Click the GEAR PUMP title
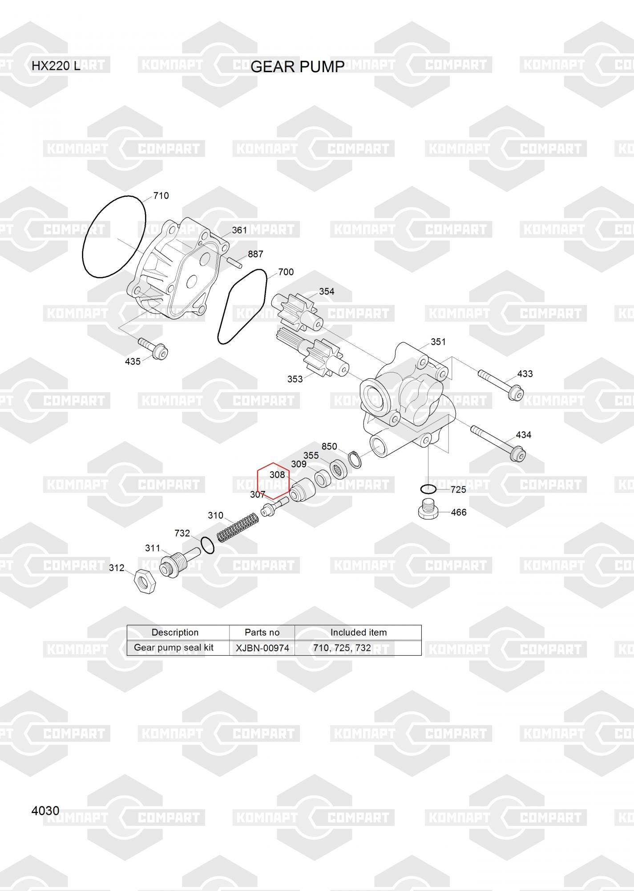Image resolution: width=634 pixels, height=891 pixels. (x=297, y=66)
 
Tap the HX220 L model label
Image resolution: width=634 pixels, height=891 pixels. (x=56, y=66)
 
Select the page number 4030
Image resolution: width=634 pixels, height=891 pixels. (x=45, y=810)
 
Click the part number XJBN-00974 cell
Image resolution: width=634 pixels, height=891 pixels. (x=262, y=648)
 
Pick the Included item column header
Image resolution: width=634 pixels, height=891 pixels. (x=358, y=632)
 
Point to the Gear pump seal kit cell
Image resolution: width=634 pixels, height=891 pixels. (x=174, y=647)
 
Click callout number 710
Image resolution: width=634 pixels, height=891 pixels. (x=161, y=196)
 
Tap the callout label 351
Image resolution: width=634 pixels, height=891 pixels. (x=438, y=342)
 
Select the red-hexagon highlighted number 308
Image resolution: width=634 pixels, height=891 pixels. (x=277, y=475)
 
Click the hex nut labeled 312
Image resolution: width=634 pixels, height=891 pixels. (x=144, y=581)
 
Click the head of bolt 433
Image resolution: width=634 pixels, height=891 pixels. (x=517, y=393)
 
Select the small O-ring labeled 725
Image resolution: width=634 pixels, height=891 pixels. (x=428, y=489)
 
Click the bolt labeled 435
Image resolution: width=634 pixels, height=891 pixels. (x=153, y=349)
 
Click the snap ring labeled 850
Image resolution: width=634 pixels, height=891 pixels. (x=355, y=460)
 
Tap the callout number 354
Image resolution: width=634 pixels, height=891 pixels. (x=327, y=291)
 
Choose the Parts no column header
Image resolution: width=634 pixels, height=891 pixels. (x=262, y=632)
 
